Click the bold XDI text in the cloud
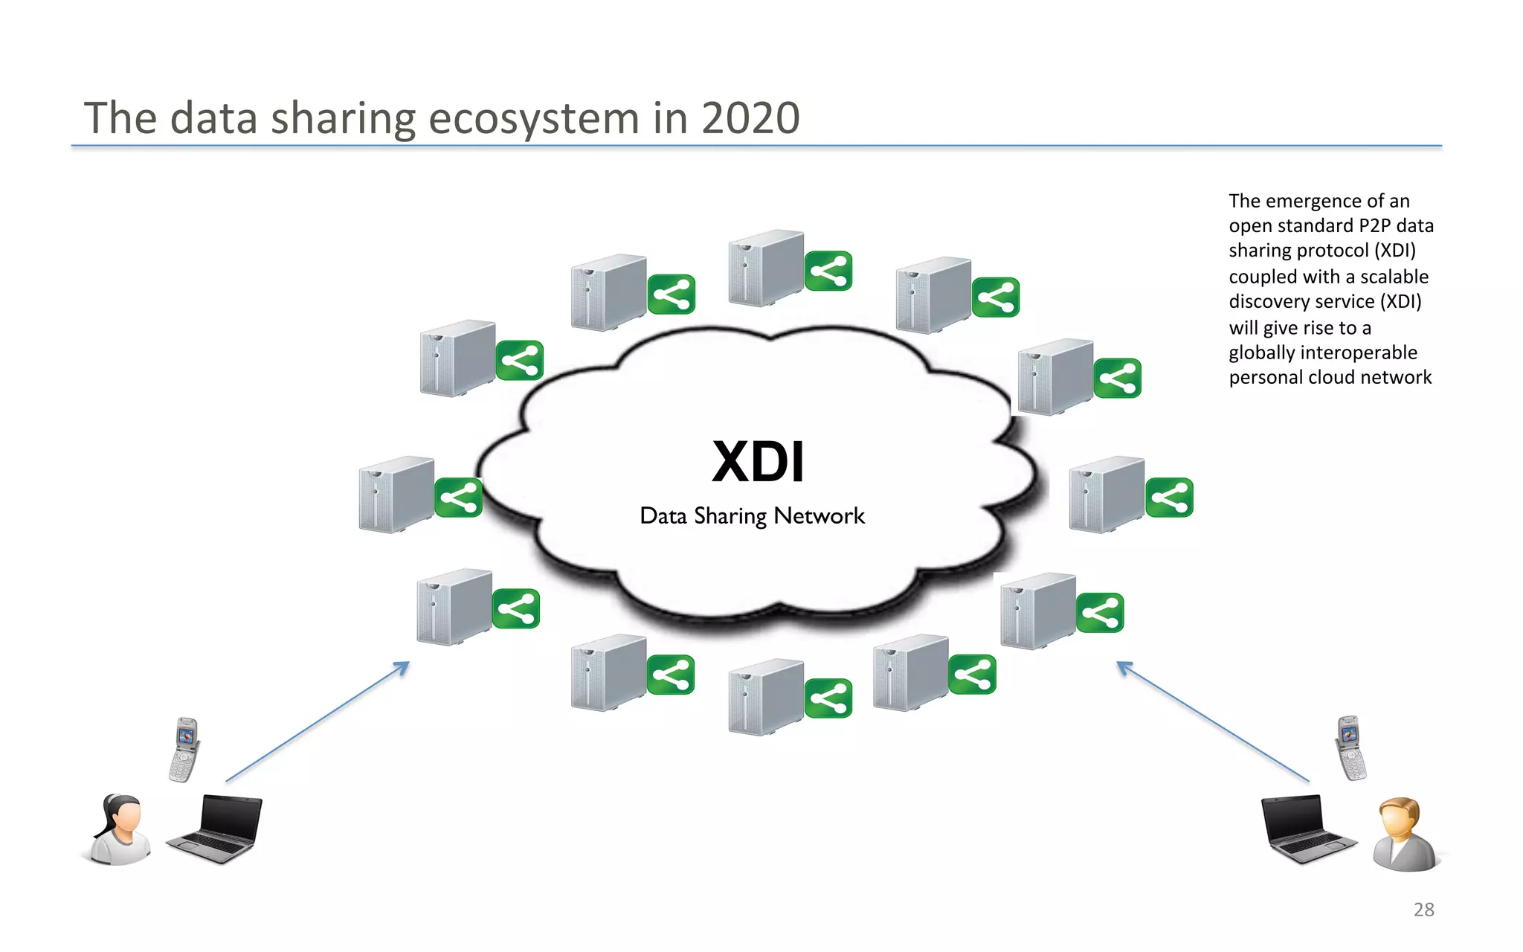coord(758,462)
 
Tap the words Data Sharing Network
coord(752,515)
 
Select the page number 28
coord(1423,910)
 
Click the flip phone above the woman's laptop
coord(184,749)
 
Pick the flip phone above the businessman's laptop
coord(1350,747)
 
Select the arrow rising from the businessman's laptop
coord(1212,721)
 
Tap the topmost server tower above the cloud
coord(766,268)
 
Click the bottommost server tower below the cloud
coord(766,697)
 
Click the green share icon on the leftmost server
coord(458,498)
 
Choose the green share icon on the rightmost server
coord(1169,498)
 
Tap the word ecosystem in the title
coord(534,118)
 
